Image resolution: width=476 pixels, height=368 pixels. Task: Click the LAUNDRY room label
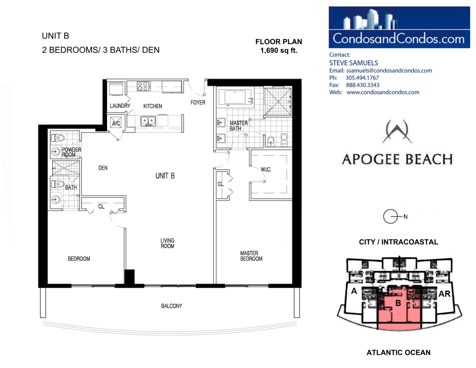click(x=120, y=106)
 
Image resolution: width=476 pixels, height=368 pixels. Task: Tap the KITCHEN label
click(x=152, y=106)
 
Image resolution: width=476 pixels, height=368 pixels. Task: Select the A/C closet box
click(x=116, y=123)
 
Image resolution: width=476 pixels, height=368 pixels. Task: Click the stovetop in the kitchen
click(x=143, y=86)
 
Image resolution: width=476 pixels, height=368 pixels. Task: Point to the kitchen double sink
click(x=148, y=121)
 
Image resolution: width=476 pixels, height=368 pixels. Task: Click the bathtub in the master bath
click(x=235, y=97)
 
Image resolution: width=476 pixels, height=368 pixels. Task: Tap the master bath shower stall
click(x=277, y=101)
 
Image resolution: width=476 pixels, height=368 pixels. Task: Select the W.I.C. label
click(x=266, y=170)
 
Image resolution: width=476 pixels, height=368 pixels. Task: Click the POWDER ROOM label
click(x=71, y=152)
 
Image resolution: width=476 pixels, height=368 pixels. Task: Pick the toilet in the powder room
click(x=58, y=138)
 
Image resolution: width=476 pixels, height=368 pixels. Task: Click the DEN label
click(x=103, y=168)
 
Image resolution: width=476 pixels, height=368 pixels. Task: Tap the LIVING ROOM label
click(x=167, y=243)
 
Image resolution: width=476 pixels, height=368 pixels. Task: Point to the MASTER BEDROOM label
click(x=251, y=256)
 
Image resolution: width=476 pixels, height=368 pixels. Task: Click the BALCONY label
click(x=171, y=306)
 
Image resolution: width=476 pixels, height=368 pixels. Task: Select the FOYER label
click(x=198, y=103)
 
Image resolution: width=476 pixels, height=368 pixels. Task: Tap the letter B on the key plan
click(x=398, y=303)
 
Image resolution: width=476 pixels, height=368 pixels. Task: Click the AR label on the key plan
click(x=444, y=294)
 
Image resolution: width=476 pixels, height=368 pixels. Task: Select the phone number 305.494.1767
click(x=362, y=78)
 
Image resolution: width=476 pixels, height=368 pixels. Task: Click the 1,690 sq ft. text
click(x=279, y=51)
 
